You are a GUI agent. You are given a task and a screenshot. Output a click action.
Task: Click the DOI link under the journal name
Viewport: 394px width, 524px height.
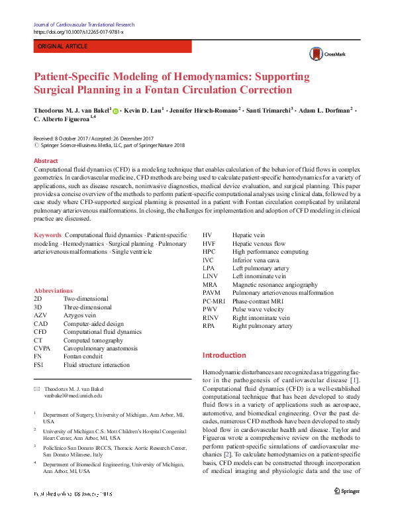click(x=77, y=32)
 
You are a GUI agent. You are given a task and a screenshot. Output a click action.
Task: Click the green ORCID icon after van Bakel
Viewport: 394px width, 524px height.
click(x=116, y=111)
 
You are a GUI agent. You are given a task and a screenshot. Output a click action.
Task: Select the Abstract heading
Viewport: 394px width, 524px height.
click(x=46, y=161)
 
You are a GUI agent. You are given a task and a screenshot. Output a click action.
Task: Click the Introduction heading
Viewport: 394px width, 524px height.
click(x=224, y=355)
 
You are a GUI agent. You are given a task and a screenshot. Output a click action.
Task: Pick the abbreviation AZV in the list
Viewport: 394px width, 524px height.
click(x=41, y=316)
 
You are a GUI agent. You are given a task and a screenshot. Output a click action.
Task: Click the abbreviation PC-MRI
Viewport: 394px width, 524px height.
click(x=215, y=301)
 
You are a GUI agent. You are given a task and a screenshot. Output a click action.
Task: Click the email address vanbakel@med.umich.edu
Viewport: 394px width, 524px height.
click(x=73, y=395)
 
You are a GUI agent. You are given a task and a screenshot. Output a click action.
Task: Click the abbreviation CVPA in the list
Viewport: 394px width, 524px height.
click(x=42, y=348)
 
